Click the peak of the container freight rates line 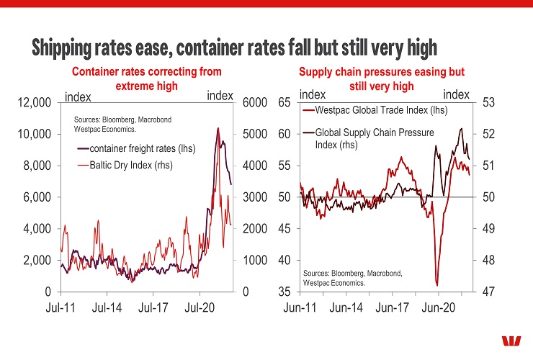point(218,128)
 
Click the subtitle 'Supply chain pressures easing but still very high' point(381,79)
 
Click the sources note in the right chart point(352,279)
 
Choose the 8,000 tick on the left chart point(35,166)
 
